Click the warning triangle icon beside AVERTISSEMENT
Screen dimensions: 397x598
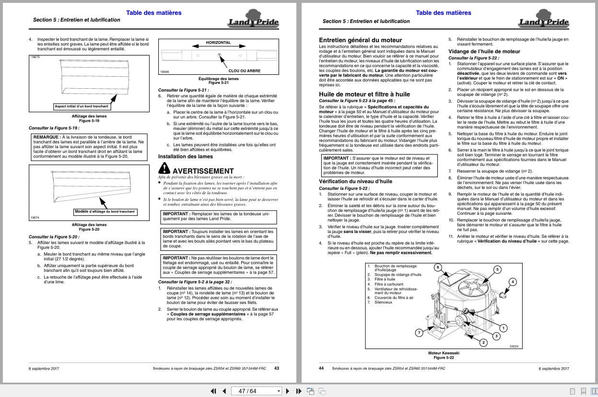[164, 168]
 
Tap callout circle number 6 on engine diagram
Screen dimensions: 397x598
[437, 267]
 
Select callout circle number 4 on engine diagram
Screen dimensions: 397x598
[513, 281]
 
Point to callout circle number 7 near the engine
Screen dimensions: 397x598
[419, 332]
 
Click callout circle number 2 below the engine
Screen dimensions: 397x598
[483, 342]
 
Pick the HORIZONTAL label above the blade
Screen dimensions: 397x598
[218, 43]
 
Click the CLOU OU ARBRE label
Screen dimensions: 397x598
[235, 70]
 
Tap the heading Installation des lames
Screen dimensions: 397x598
[185, 156]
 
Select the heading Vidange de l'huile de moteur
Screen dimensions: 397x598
[484, 51]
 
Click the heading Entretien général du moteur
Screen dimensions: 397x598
[361, 40]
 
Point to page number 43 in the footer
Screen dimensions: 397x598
[276, 368]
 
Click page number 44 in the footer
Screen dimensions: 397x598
[321, 368]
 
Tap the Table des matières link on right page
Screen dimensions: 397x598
[443, 13]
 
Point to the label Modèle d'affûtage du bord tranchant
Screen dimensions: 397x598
[105, 211]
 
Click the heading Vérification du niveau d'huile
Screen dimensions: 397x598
[355, 182]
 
